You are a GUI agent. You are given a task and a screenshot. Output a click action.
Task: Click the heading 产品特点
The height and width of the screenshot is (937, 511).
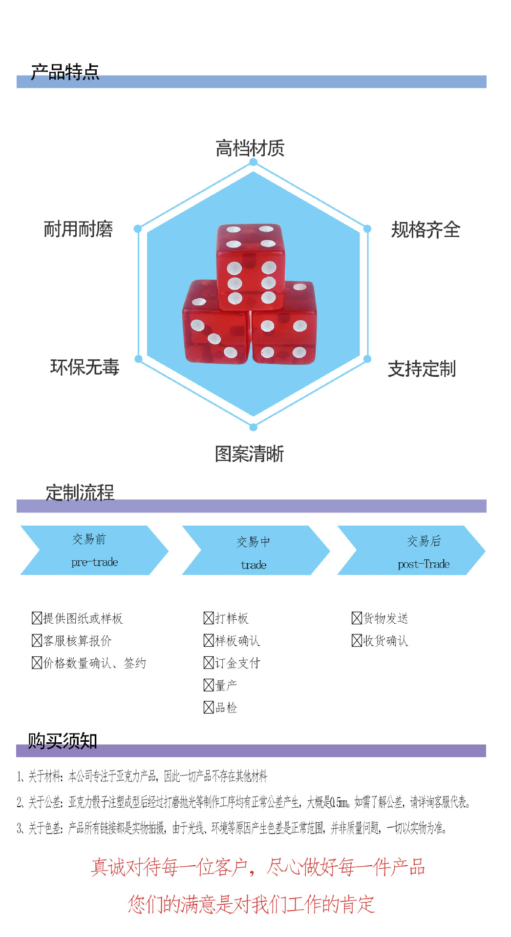point(65,72)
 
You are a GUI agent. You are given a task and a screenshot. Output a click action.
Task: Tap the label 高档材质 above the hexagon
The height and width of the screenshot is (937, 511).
point(250,148)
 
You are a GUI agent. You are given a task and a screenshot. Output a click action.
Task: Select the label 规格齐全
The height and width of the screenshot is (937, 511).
point(426,229)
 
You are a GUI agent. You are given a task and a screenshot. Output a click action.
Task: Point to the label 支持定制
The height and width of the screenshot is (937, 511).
point(422,369)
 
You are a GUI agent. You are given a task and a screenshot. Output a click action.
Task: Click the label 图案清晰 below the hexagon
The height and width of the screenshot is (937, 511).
point(249,454)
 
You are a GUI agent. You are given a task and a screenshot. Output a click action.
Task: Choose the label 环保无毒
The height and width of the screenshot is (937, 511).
point(85,367)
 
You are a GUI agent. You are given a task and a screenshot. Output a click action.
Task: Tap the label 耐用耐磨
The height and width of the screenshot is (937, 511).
point(79,229)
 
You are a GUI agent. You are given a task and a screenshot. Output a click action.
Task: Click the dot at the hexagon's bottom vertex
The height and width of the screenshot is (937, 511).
point(253,428)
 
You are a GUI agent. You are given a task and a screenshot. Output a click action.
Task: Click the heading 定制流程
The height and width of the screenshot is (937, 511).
point(80,492)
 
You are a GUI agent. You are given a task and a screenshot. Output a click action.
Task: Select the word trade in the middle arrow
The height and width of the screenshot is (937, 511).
point(254,565)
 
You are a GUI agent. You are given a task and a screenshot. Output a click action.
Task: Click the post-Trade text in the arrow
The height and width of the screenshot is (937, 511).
point(424,564)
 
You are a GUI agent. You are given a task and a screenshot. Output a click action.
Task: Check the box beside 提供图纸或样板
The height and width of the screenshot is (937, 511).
point(37,618)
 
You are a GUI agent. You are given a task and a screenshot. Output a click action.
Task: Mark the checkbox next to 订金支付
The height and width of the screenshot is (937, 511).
point(209,663)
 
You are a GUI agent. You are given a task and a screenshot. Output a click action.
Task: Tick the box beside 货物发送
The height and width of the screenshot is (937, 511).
point(357,618)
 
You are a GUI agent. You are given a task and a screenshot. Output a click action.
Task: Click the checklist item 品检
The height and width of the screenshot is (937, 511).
point(226,708)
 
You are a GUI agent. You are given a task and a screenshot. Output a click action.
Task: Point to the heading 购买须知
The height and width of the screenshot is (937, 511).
point(63,741)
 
